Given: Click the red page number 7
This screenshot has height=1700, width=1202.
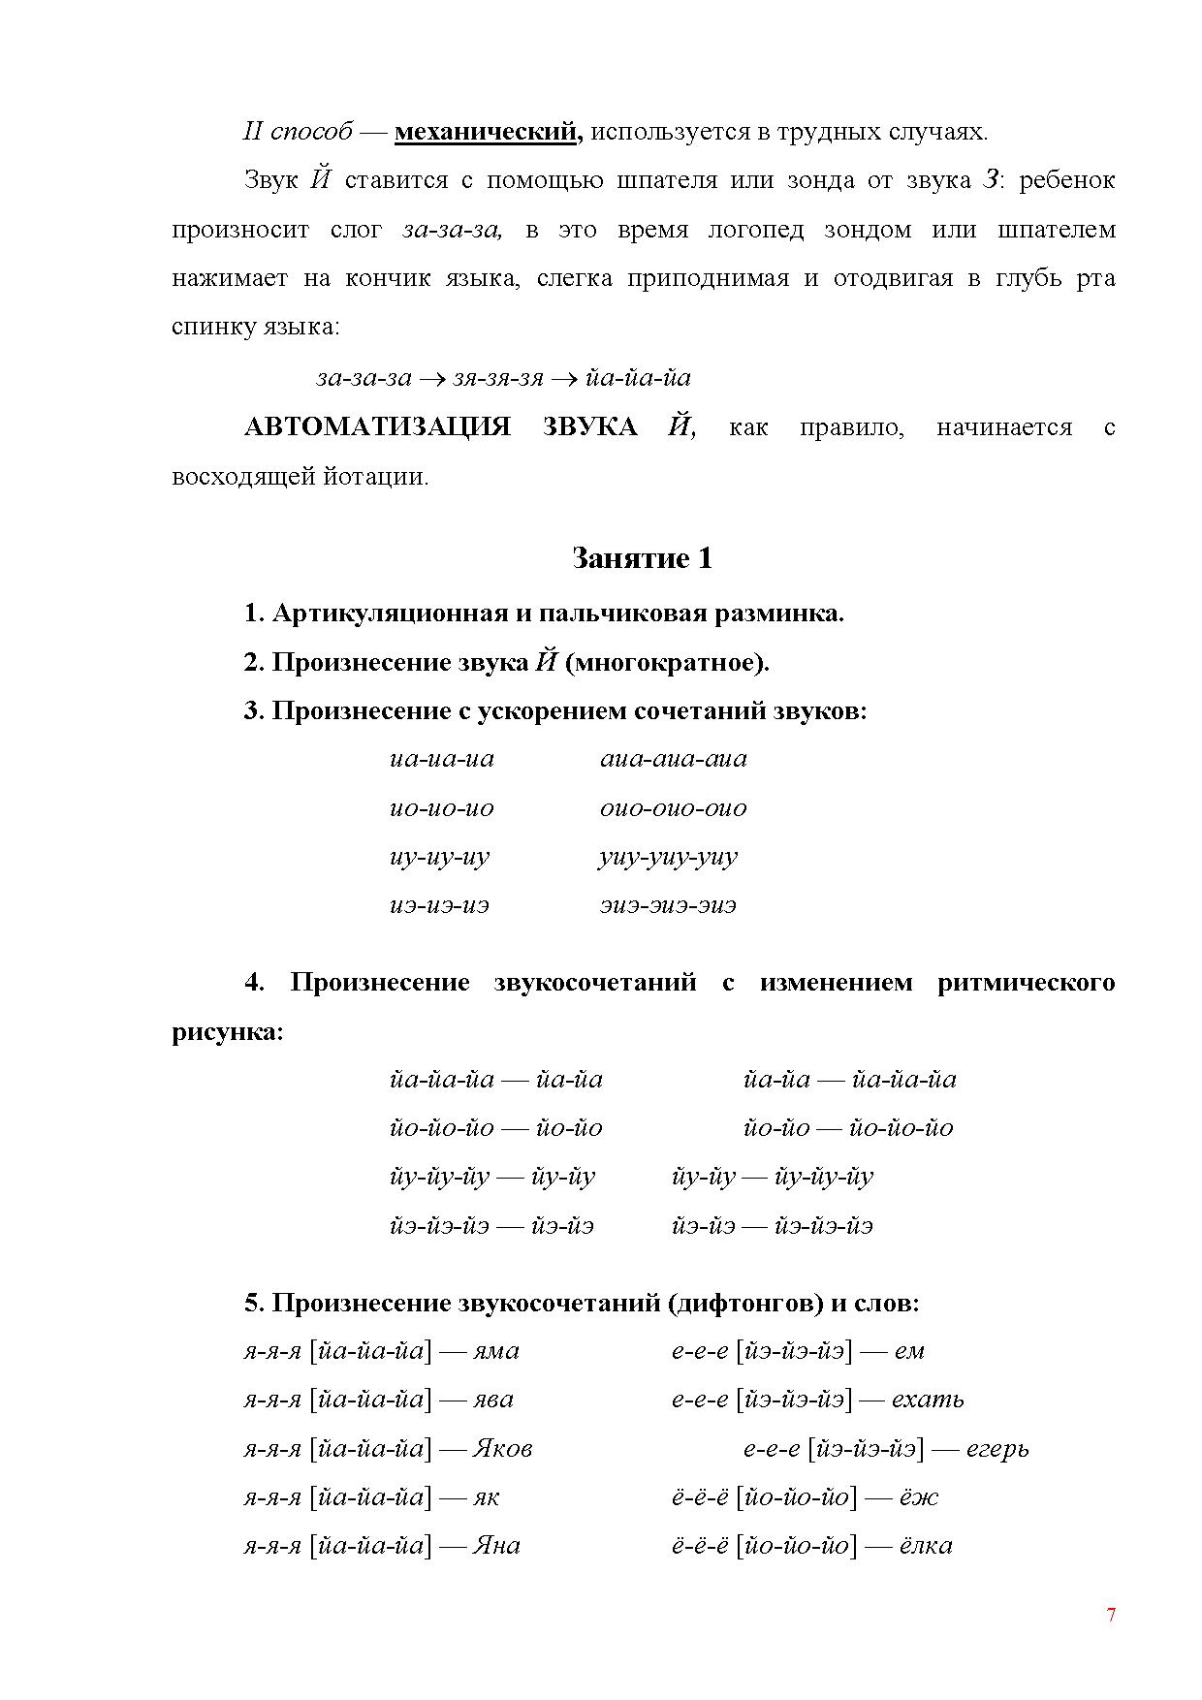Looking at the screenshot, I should point(1111,1615).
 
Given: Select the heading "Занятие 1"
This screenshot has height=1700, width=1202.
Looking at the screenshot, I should point(642,558).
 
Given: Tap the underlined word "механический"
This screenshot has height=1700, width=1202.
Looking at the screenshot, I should point(489,132).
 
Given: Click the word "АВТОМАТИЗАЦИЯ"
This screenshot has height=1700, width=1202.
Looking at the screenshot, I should point(377,427).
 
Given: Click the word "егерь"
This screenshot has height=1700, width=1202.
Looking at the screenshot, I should point(997,1449).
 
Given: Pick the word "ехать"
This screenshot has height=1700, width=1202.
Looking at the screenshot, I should point(928,1400).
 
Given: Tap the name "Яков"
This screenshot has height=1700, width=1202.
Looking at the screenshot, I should point(502,1449).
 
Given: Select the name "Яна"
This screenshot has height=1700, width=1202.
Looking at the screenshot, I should point(496,1545).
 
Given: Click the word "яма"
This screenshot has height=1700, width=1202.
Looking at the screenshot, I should point(496,1351).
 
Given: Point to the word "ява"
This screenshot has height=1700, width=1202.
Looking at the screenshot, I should point(493,1400).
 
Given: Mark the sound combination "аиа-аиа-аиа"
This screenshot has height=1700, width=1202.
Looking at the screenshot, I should point(674,759).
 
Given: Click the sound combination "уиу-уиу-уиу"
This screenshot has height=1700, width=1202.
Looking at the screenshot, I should point(669,858).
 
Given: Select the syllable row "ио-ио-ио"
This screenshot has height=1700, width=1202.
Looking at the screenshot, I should point(442,808).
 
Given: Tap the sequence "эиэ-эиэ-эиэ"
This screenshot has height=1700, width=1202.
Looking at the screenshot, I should point(668,906).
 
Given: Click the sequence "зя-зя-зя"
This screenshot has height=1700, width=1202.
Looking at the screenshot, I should point(499,378).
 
